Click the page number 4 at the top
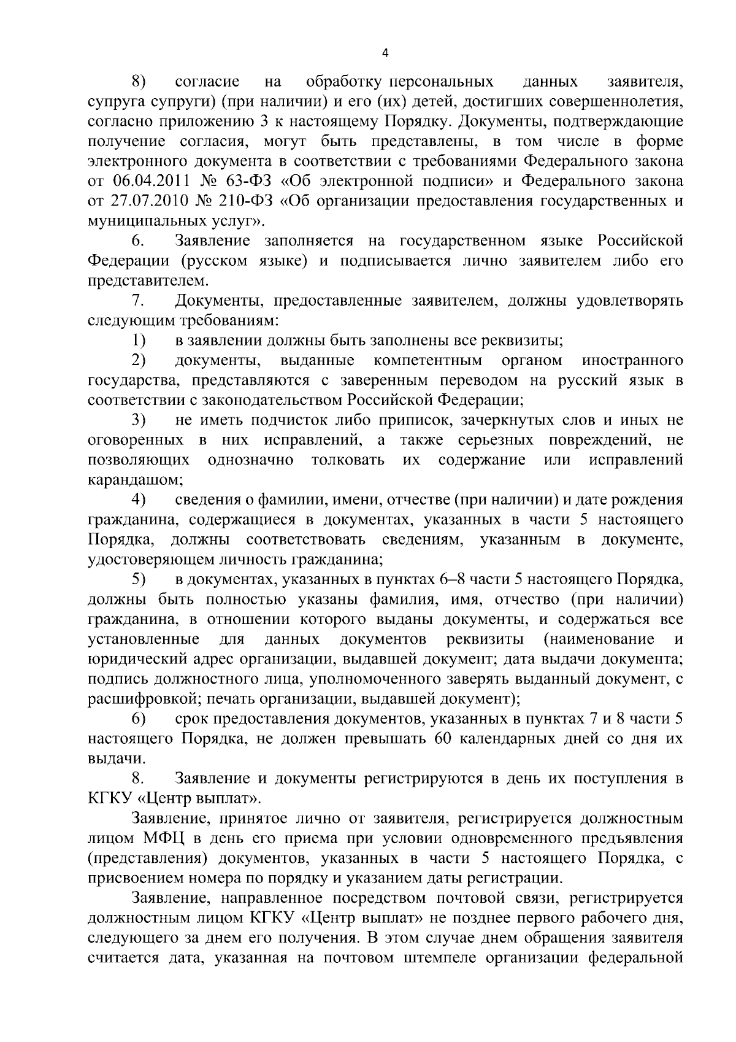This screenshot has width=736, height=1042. [x=385, y=53]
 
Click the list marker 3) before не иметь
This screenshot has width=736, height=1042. [x=138, y=420]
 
